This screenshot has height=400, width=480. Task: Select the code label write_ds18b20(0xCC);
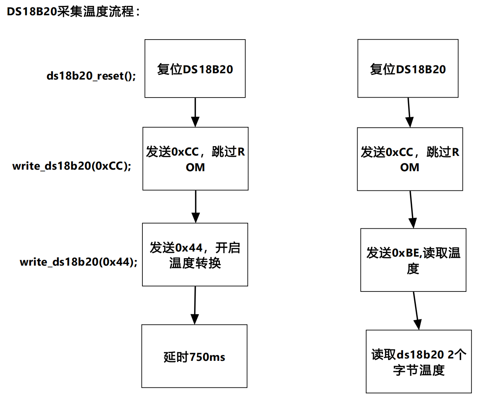[72, 166]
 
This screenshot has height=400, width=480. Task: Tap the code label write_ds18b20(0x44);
[79, 262]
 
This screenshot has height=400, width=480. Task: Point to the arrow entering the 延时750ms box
[195, 305]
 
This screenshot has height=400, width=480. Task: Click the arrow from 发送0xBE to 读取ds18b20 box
[416, 311]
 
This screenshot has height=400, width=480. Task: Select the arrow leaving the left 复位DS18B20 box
[195, 112]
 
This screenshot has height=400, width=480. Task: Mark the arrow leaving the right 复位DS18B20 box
[409, 112]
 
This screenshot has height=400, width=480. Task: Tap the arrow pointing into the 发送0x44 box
[196, 206]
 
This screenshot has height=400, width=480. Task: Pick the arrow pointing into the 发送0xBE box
[412, 210]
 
